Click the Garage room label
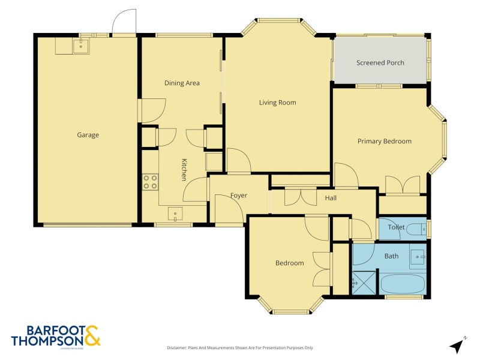[x=88, y=135]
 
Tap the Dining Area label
[x=182, y=83]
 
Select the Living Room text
[x=277, y=103]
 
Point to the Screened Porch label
[x=380, y=62]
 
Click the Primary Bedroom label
[x=384, y=141]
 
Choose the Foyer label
[x=239, y=196]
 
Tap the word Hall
[x=331, y=198]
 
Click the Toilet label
[x=396, y=227]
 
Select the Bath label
[x=391, y=256]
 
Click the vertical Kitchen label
[x=184, y=169]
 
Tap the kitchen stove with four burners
[x=150, y=182]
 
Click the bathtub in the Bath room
[x=403, y=283]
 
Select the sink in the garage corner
[x=80, y=46]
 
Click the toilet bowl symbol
[x=416, y=229]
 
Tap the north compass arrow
[x=457, y=345]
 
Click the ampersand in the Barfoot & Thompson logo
[x=92, y=336]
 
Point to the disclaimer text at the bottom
[x=239, y=347]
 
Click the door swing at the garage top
[x=124, y=23]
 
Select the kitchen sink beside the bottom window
[x=175, y=214]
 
